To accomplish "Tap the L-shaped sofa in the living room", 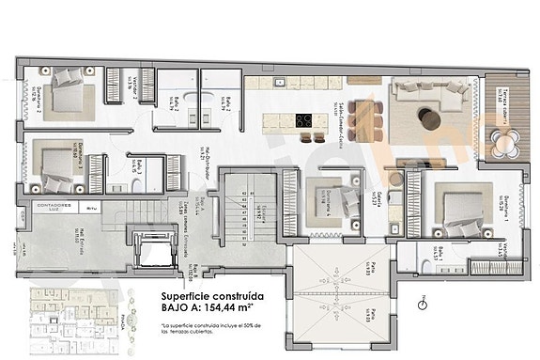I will pyautogui.click(x=428, y=97).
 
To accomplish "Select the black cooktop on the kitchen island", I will pyautogui.click(x=306, y=120).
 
